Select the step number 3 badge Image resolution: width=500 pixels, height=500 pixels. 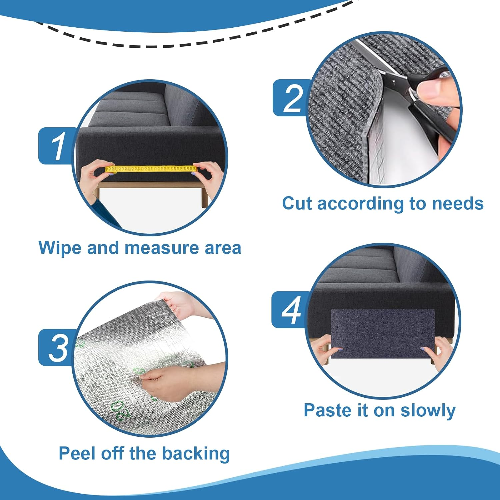click(x=57, y=348)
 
